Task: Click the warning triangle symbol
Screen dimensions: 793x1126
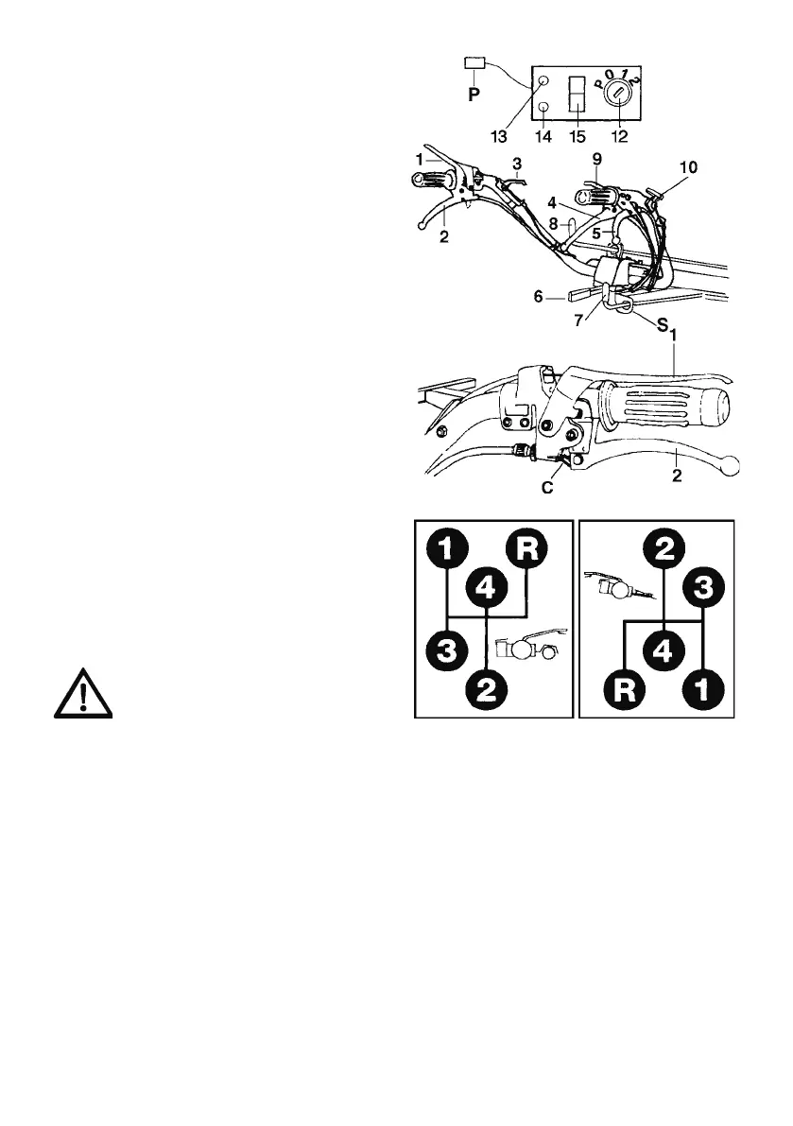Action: click(x=83, y=697)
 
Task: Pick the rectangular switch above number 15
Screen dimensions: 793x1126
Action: click(x=576, y=95)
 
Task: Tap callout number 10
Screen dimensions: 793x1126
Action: click(x=689, y=167)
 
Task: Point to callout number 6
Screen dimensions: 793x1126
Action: click(x=537, y=297)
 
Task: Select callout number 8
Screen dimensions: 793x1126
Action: click(x=555, y=225)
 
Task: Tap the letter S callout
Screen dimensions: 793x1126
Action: click(x=662, y=326)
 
